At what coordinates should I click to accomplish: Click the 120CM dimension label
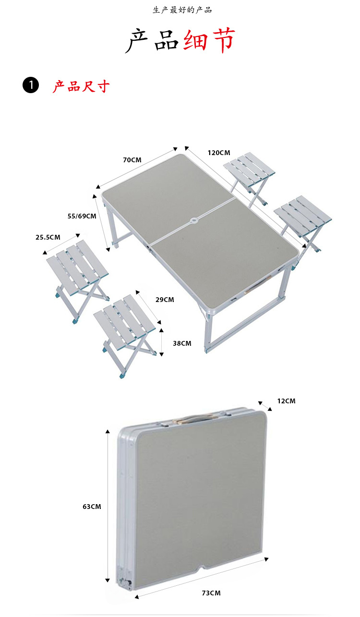219,153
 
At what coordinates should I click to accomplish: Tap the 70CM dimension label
132,160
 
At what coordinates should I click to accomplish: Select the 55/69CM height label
82,216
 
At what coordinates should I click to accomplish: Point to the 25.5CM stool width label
48,237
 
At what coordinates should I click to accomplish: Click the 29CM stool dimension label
165,300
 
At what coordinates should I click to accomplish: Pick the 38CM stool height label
182,343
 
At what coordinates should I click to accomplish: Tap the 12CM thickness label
286,401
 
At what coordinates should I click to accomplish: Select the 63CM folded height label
92,507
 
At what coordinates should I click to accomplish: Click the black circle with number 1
31,85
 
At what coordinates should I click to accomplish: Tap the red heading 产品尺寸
81,86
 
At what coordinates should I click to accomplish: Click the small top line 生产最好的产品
182,10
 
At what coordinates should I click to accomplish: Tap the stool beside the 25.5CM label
77,281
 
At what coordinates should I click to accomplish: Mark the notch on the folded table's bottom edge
203,567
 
